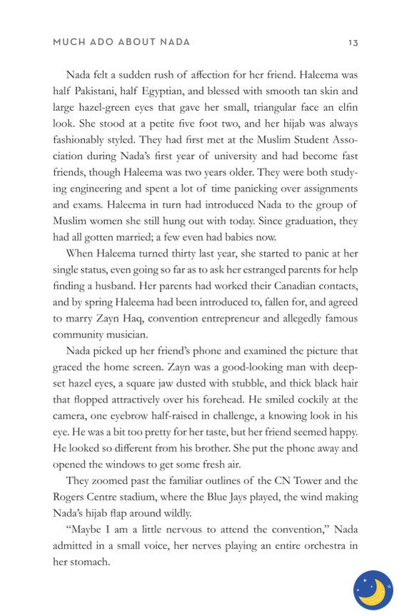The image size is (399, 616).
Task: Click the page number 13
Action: (x=353, y=42)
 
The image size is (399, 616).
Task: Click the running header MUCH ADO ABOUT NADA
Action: (x=121, y=42)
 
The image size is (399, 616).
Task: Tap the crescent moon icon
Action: (x=373, y=590)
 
